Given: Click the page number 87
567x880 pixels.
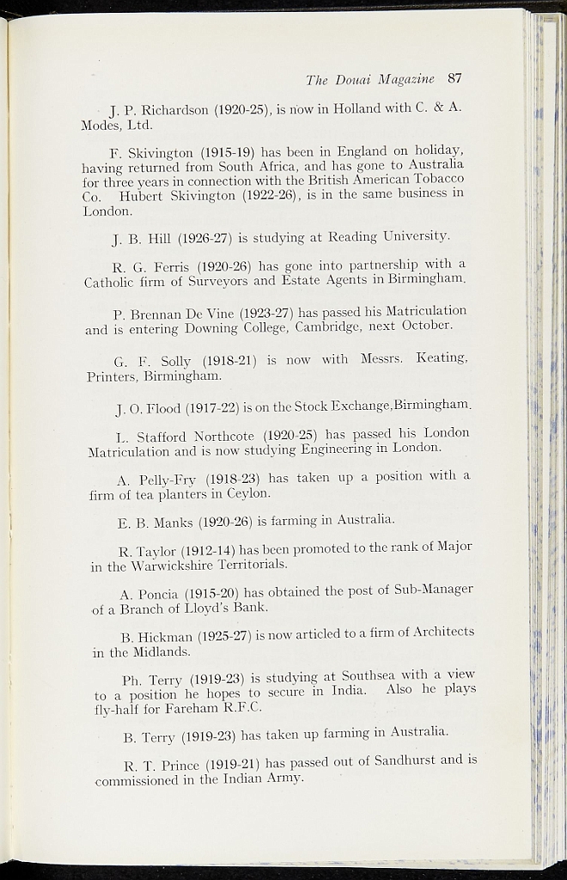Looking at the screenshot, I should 454,78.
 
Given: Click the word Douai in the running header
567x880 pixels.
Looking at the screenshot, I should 360,79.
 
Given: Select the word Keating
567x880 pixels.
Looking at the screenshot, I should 441,359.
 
